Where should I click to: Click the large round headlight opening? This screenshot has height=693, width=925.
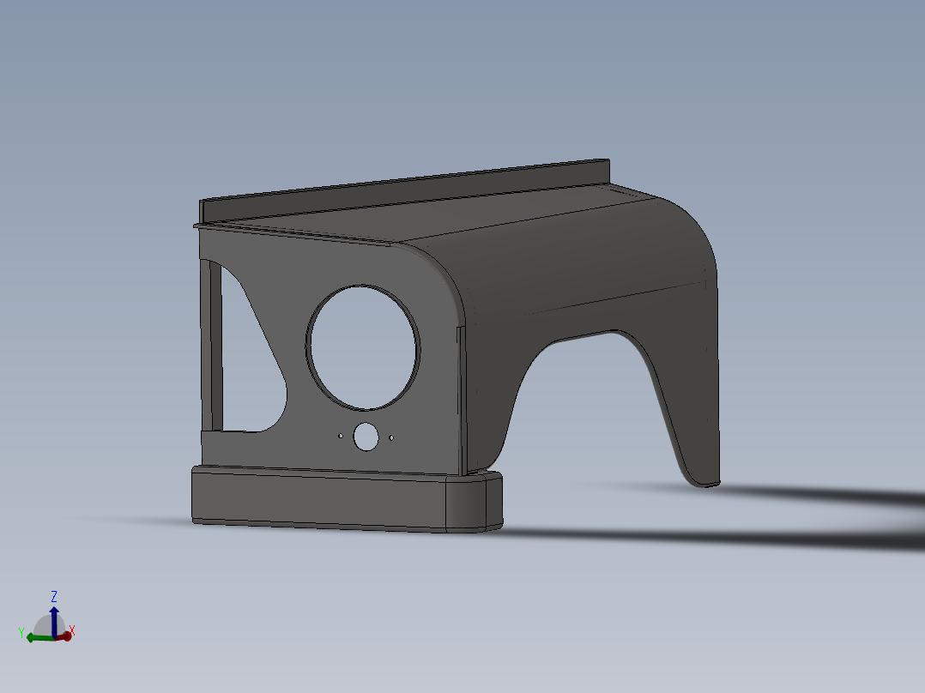(363, 346)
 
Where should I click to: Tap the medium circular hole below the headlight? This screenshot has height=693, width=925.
(366, 437)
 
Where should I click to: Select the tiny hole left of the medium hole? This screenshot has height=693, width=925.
(340, 436)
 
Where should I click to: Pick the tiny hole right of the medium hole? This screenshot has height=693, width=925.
(391, 437)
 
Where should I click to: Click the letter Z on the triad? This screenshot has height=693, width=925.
(54, 596)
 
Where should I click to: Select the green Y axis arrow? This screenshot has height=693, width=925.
(38, 637)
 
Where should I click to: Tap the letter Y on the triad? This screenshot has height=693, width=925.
(20, 632)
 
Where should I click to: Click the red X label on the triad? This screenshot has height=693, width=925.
(72, 631)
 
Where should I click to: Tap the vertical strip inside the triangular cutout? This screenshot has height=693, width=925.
(213, 347)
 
